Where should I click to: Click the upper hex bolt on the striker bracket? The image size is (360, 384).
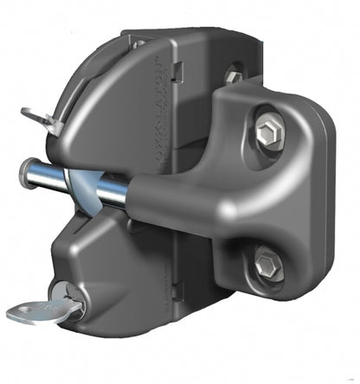[268, 132]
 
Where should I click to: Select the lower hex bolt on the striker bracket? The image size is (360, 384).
[269, 262]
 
